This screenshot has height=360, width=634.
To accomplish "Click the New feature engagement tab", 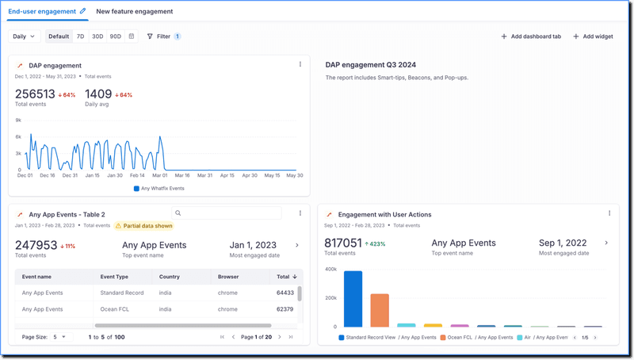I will coord(134,12).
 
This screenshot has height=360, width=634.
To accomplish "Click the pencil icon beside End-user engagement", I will coord(83,12).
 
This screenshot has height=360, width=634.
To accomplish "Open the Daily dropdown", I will coord(24,36).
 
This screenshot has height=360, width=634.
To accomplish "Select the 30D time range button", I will coord(97,36).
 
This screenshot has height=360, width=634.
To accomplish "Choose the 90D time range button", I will coord(116,36).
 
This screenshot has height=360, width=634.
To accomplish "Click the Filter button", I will coord(163,36).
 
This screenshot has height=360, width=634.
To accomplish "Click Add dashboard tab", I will coord(531,36).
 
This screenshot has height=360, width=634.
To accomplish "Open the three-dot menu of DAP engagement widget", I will coord(300,65).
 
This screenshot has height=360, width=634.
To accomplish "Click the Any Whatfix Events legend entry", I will coord(159,189).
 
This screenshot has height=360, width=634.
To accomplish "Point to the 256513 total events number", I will coord(35,94).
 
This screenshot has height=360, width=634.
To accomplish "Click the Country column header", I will coord(169,277).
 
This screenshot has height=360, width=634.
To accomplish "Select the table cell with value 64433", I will coord(285,293).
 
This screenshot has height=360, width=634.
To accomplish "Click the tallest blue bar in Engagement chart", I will coord(353,299).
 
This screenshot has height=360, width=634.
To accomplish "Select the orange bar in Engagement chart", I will coord(380,310).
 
